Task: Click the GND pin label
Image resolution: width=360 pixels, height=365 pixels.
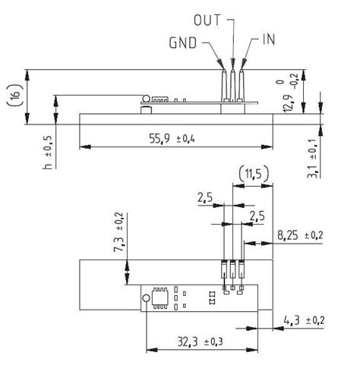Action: click(x=182, y=43)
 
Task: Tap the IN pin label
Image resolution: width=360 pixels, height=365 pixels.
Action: click(x=267, y=38)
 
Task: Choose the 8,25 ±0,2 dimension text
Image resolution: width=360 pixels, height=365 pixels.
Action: click(x=299, y=236)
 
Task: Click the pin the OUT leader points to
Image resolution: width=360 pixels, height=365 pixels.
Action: click(x=233, y=83)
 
